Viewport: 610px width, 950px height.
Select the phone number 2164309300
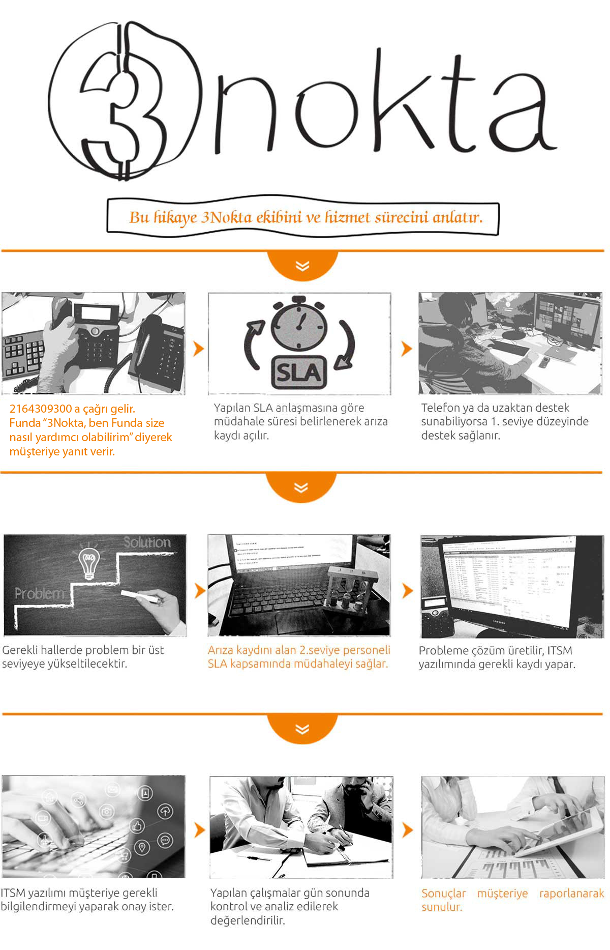[x=41, y=409]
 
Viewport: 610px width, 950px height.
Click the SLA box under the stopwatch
[x=298, y=373]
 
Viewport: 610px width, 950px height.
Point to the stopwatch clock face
[x=299, y=325]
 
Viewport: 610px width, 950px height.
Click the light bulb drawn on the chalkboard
[x=89, y=562]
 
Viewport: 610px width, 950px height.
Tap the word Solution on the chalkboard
[x=147, y=542]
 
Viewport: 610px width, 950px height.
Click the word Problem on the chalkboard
[x=39, y=593]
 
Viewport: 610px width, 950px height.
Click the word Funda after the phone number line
[x=25, y=423]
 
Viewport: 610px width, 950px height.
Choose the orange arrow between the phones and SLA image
[x=198, y=349]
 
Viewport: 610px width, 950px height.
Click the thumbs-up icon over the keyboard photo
[x=137, y=825]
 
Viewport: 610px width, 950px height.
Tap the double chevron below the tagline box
[x=302, y=266]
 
